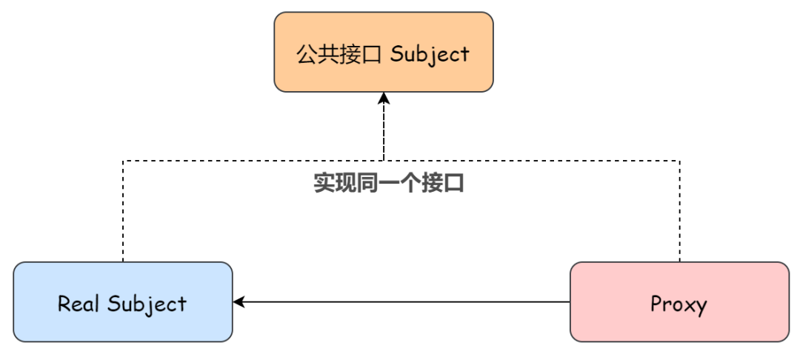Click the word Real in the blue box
point(80,303)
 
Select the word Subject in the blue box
point(147,304)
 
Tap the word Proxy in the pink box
point(679,304)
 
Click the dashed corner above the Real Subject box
point(123,161)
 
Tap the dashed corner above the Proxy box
point(679,161)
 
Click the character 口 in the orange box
point(373,54)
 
